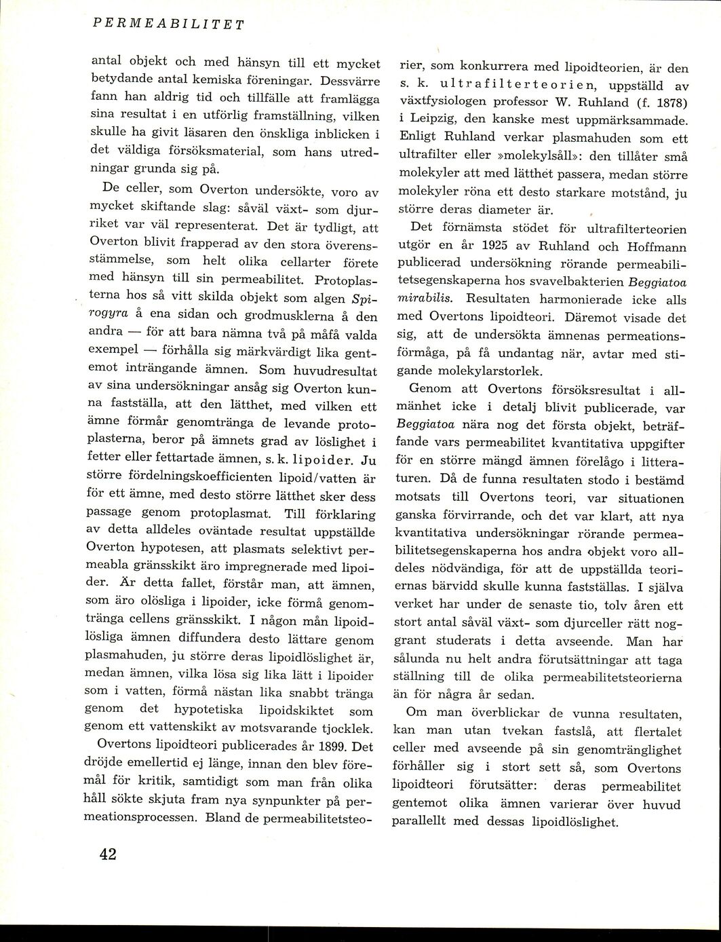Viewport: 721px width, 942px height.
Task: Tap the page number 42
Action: pos(107,855)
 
